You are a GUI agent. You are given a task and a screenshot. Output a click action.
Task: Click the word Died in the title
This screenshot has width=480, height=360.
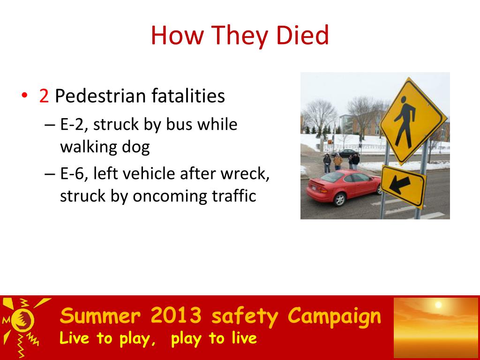tap(302, 35)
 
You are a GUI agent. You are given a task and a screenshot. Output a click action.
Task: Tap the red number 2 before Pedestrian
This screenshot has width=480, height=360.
tap(44, 96)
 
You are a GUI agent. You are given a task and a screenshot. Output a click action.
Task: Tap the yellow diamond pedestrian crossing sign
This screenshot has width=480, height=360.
tap(413, 121)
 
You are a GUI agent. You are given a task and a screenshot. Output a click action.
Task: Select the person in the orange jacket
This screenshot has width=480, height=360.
tap(337, 161)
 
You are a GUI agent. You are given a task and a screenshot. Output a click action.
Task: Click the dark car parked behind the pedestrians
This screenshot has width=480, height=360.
tap(345, 152)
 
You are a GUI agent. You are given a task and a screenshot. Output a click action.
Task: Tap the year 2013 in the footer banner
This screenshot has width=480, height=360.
tap(176, 315)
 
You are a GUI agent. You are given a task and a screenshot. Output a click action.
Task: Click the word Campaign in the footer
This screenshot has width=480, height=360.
tap(334, 316)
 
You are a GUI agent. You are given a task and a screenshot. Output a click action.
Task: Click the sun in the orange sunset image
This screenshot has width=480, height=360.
tap(438, 305)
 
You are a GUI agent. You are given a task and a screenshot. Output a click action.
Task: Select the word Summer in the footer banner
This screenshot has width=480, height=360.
tap(100, 315)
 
